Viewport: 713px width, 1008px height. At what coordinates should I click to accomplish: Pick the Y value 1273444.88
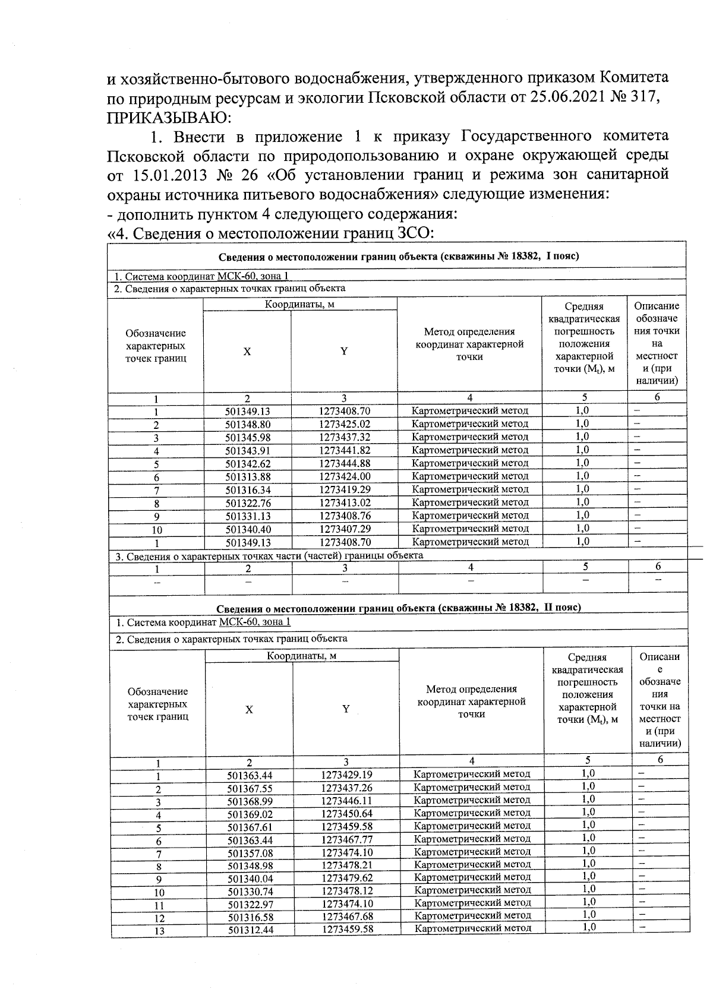tap(345, 463)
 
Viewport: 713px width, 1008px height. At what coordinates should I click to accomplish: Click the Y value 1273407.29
tap(345, 529)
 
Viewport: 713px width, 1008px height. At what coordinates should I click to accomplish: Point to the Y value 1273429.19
tap(347, 775)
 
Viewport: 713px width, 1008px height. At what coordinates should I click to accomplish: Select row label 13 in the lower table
tap(159, 931)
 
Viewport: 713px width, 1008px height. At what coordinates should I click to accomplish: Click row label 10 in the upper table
tap(156, 530)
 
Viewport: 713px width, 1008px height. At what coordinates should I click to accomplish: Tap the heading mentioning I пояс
tap(398, 256)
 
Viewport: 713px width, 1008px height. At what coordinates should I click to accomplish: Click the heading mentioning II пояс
tap(398, 608)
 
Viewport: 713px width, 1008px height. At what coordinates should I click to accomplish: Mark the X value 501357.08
tap(250, 853)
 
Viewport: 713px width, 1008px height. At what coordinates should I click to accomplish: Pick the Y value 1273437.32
tap(345, 437)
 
